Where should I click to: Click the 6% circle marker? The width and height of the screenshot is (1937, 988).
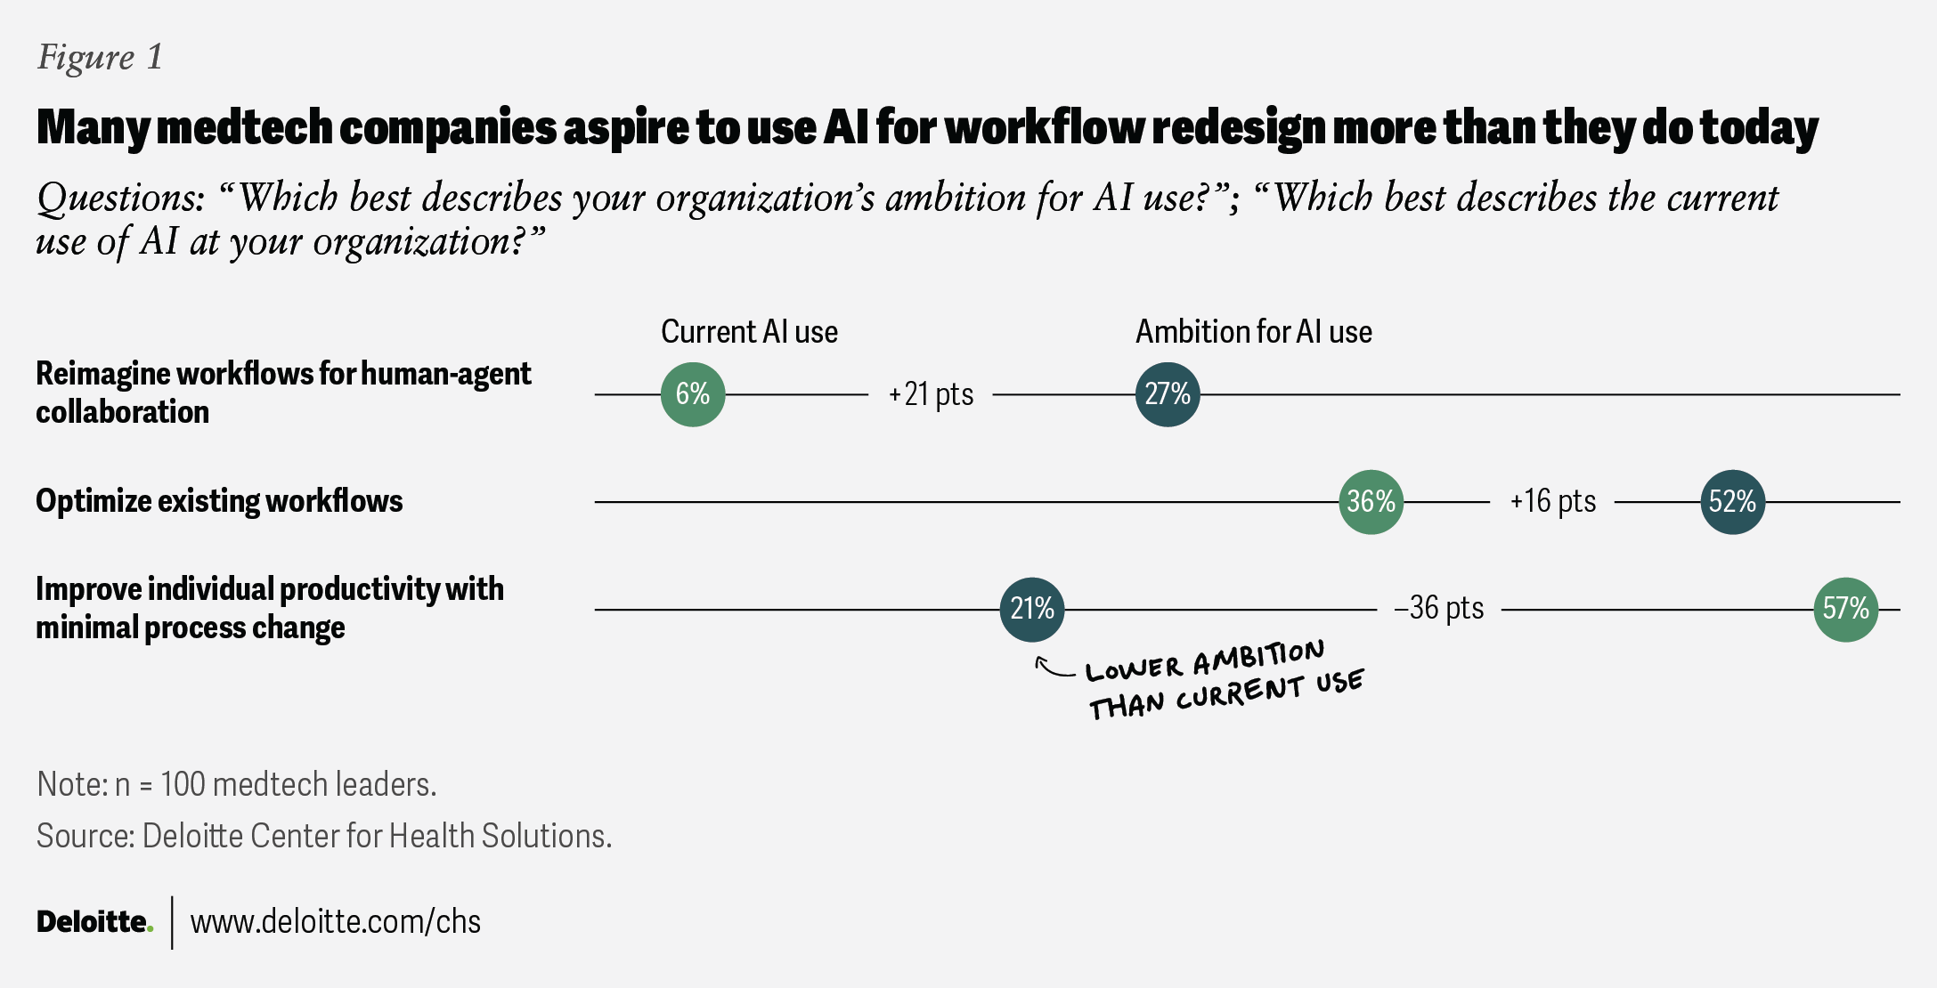coord(693,394)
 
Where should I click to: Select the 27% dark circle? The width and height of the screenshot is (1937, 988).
coord(1168,394)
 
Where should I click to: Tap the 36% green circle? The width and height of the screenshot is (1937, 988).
coord(1371,502)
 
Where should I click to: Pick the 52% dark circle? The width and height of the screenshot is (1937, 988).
coord(1733,502)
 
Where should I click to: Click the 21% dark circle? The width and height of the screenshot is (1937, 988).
coord(1032,610)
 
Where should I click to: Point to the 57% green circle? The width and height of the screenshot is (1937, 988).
coord(1846,610)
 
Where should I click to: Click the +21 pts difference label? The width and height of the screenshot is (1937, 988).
coord(931,394)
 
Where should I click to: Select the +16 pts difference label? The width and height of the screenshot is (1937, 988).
coord(1552,501)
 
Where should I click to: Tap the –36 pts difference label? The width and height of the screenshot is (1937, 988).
coord(1439,609)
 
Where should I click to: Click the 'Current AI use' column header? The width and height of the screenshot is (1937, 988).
coord(749,332)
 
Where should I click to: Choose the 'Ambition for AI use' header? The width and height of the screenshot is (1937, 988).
coord(1253,332)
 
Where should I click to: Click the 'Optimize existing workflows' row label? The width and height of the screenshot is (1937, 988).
coord(219,501)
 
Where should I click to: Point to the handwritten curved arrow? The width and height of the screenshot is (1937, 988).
coord(1054,668)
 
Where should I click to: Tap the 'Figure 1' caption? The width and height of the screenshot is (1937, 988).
coord(100,57)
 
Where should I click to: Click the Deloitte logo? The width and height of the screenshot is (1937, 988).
coord(94,922)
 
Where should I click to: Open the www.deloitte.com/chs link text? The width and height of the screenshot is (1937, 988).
coord(336,922)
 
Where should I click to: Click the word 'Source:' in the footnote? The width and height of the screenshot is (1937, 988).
coord(85,837)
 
